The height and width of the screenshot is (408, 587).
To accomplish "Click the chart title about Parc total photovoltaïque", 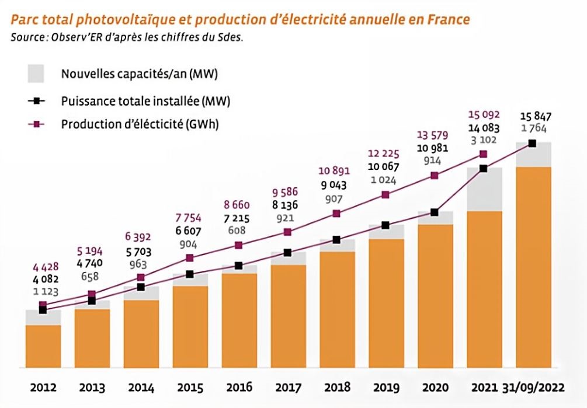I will pos(239,20).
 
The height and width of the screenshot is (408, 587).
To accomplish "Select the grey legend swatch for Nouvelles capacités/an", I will pos(36,74).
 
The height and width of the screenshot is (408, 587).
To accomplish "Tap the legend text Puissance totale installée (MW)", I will pos(145,101).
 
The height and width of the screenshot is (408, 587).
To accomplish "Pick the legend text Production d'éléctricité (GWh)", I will pos(140,124).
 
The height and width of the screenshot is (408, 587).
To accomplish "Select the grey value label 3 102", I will pos(482,140).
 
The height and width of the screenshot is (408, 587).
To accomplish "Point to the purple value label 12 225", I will pos(383,154).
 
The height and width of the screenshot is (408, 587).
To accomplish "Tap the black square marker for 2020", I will pos(434,212).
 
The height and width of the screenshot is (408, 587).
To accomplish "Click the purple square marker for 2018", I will pos(336,214).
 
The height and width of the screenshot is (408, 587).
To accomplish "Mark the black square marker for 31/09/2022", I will pos(532,143).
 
